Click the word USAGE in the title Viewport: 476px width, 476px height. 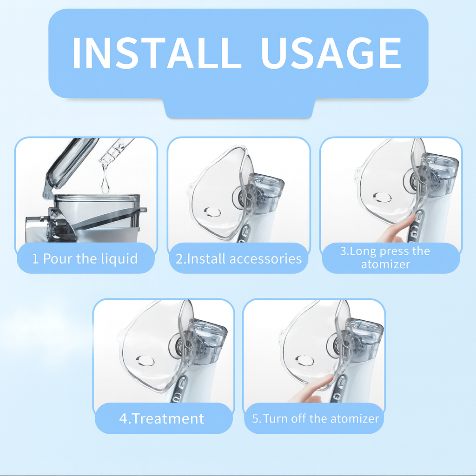[331, 53]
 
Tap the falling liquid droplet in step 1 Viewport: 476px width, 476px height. [105, 185]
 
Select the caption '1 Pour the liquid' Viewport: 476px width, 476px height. [85, 258]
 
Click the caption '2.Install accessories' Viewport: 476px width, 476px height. [238, 258]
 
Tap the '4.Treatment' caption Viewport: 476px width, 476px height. [162, 418]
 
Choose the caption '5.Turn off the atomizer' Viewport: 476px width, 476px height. [316, 418]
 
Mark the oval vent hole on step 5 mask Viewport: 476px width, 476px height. [304, 360]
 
